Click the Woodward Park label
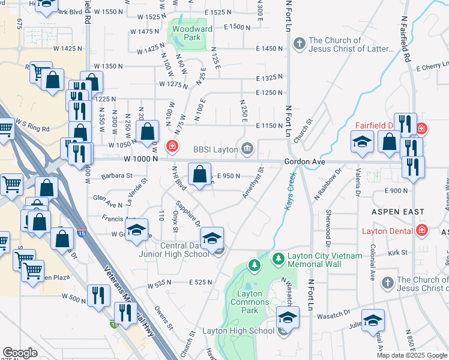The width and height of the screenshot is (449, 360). tap(187, 32)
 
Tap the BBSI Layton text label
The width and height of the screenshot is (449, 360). tap(216, 149)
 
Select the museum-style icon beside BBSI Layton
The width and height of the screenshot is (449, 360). tap(247, 149)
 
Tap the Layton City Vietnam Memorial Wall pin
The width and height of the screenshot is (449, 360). tap(278, 259)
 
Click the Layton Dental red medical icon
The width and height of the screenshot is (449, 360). tap(422, 230)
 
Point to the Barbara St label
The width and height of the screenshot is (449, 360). tap(117, 176)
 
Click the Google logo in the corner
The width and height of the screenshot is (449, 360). tap(20, 353)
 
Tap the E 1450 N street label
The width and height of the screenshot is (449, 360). tap(269, 48)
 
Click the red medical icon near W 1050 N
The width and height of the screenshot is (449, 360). tap(172, 146)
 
